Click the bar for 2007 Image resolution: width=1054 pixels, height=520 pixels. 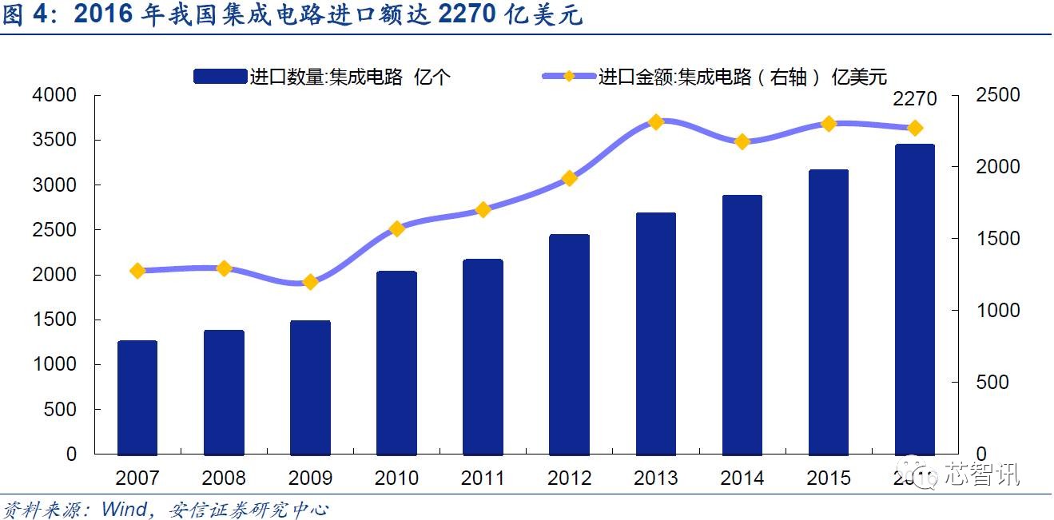click(137, 397)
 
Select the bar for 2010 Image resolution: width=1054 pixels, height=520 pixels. click(396, 363)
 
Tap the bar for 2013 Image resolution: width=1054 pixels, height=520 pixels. click(655, 333)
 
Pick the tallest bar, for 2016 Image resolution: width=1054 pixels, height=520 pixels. click(914, 299)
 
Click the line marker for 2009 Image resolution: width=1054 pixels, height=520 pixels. click(311, 282)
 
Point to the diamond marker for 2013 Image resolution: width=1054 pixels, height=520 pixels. click(655, 122)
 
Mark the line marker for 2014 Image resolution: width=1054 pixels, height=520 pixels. click(742, 141)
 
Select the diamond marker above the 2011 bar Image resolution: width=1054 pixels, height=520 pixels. click(483, 209)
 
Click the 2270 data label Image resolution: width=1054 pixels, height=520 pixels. click(914, 100)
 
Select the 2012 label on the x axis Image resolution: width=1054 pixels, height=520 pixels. click(569, 478)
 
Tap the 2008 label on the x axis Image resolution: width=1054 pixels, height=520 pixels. click(224, 478)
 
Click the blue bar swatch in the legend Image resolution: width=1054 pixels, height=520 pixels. click(220, 77)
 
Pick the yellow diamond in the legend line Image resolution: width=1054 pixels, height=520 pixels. click(568, 77)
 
